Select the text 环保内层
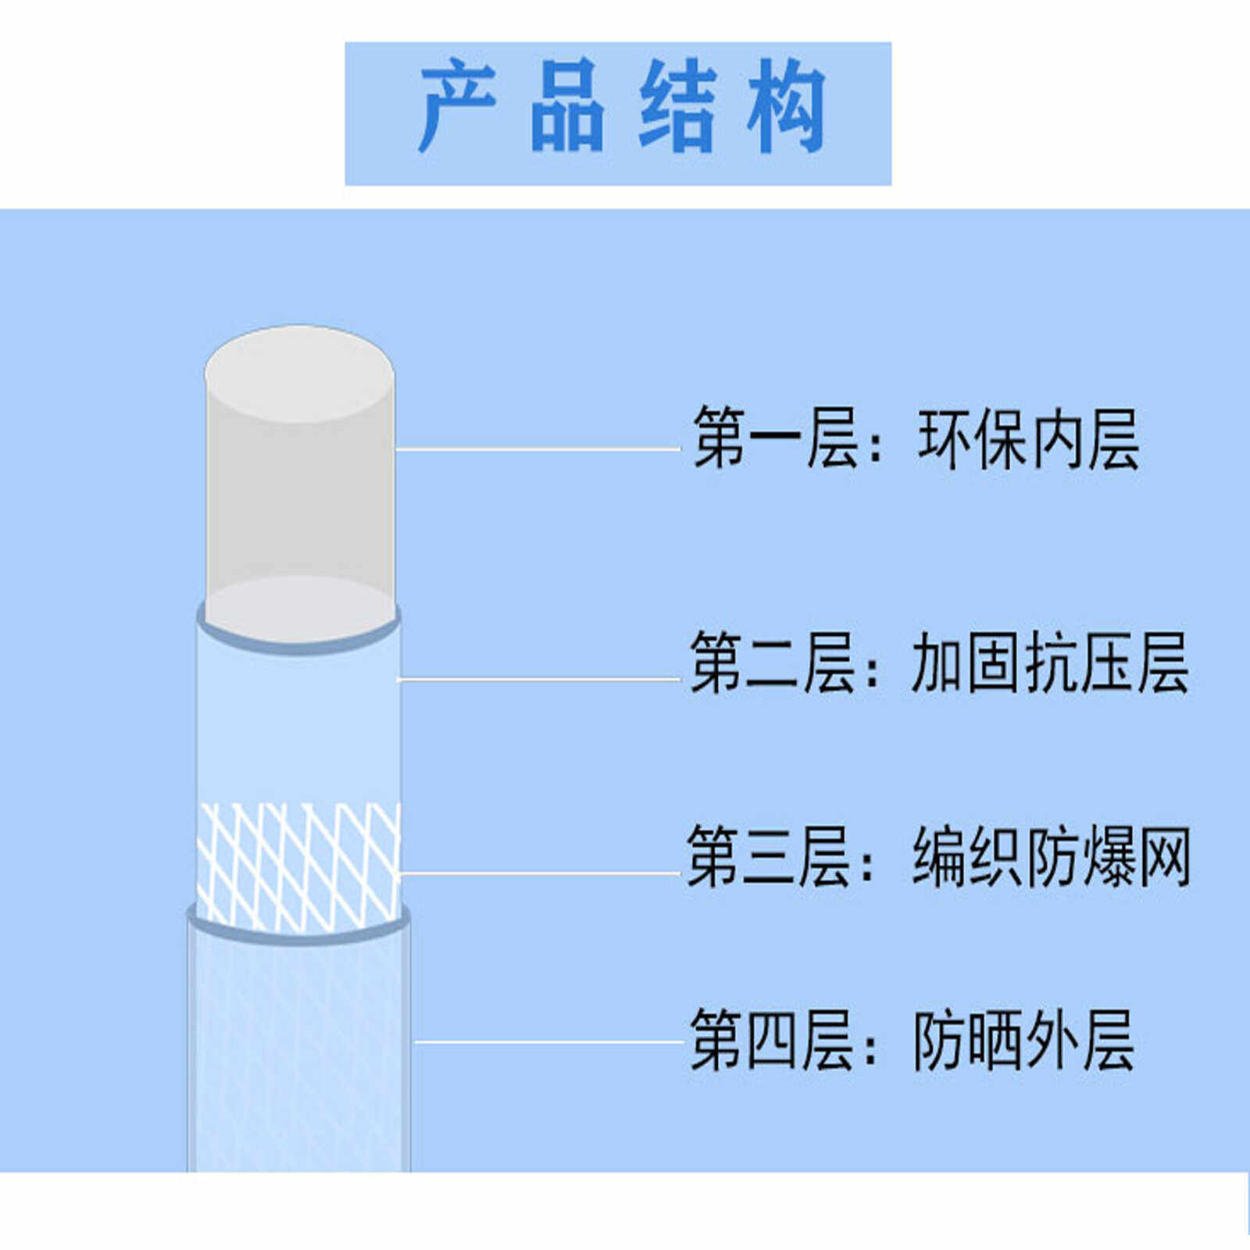(x=1028, y=440)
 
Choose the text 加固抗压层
(x=1050, y=663)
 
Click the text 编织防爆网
(x=1052, y=858)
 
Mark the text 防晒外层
(x=1023, y=1040)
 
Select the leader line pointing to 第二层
(x=539, y=680)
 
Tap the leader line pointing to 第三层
(x=539, y=873)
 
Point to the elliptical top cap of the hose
(x=299, y=373)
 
